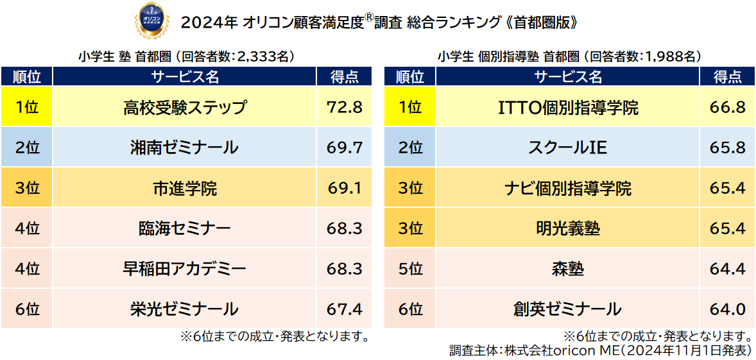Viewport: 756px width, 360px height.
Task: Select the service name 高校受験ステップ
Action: tap(184, 107)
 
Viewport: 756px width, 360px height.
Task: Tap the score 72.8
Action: tap(345, 107)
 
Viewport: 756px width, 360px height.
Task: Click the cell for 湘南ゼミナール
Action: tap(184, 148)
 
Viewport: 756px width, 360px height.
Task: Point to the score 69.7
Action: tap(345, 148)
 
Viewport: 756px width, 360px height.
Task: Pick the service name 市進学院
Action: tap(184, 189)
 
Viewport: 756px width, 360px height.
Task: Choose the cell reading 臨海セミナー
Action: tap(184, 228)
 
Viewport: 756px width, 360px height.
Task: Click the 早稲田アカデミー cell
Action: tap(184, 269)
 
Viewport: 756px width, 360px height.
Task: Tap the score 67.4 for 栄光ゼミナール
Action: tap(345, 309)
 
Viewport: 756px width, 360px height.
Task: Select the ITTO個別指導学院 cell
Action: tap(568, 107)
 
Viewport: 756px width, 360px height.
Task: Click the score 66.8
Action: tap(728, 107)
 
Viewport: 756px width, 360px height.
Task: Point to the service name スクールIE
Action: tap(568, 148)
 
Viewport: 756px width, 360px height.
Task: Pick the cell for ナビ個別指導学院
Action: tap(568, 189)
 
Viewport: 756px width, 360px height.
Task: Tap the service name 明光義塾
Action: tap(568, 228)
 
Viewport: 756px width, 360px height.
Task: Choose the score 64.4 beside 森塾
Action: tap(728, 269)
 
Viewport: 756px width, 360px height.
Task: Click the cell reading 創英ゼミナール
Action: tap(568, 309)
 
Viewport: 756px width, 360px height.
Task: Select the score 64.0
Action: tap(728, 309)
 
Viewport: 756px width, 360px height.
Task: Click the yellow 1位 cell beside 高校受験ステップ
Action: tap(26, 107)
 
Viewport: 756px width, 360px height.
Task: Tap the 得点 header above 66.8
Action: tap(728, 77)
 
